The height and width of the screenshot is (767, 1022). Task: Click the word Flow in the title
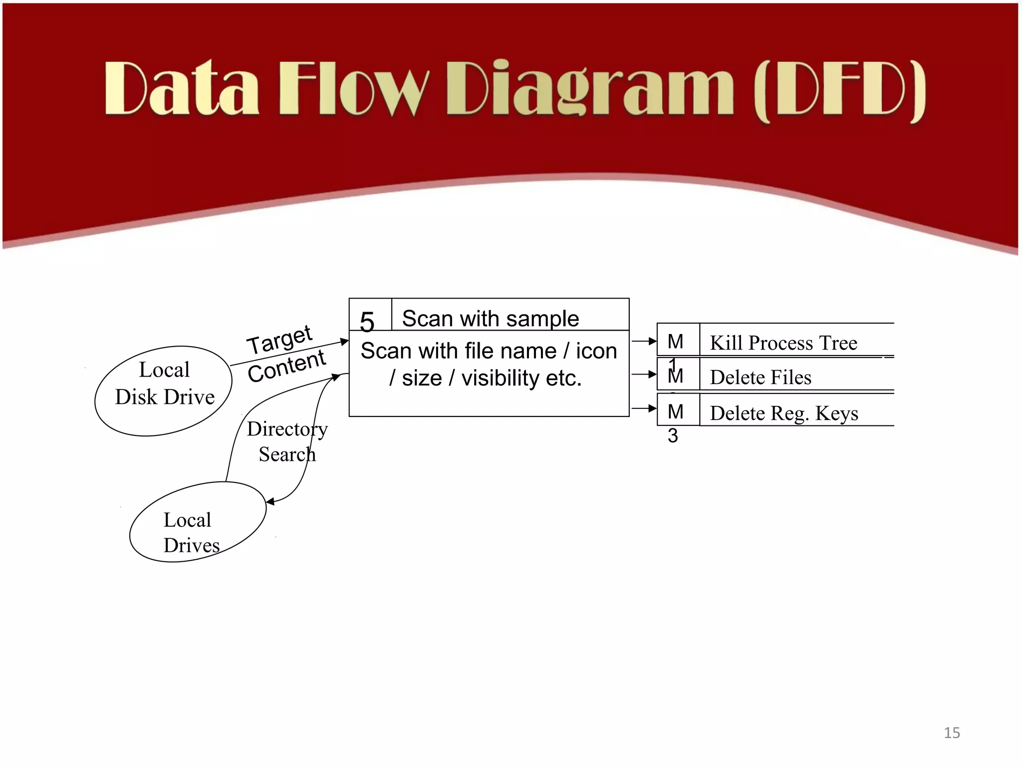(x=353, y=89)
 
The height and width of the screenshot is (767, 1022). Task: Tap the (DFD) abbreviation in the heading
(x=839, y=91)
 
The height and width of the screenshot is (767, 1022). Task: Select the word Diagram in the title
(x=590, y=90)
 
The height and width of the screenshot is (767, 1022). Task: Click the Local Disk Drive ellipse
(x=164, y=390)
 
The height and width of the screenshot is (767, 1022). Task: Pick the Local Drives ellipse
(x=198, y=522)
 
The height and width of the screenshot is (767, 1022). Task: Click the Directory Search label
(x=287, y=441)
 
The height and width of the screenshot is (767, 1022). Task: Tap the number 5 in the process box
(x=367, y=322)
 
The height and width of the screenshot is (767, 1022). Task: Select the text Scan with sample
(x=490, y=319)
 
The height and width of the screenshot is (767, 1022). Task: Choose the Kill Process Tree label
(x=783, y=343)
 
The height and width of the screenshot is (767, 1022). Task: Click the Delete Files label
(x=761, y=378)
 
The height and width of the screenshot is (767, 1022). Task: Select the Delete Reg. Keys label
(x=784, y=413)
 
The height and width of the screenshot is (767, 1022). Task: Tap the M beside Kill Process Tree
(x=675, y=342)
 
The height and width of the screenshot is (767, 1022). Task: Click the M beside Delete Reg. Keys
(x=675, y=412)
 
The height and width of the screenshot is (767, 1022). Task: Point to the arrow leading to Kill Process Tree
(x=644, y=342)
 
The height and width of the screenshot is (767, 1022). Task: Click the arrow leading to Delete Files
(x=644, y=374)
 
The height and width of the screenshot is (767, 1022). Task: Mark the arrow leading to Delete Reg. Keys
(x=644, y=408)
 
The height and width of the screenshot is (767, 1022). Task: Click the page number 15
(x=952, y=733)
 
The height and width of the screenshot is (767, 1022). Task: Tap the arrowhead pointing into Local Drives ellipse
(x=270, y=502)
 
